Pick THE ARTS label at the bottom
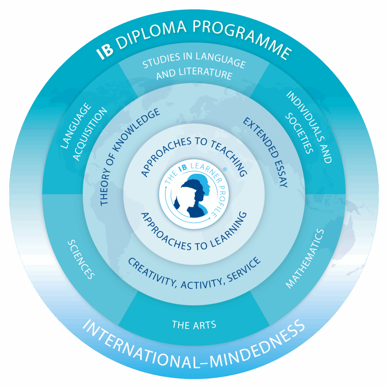[x=194, y=325]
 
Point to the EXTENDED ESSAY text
[x=266, y=152]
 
